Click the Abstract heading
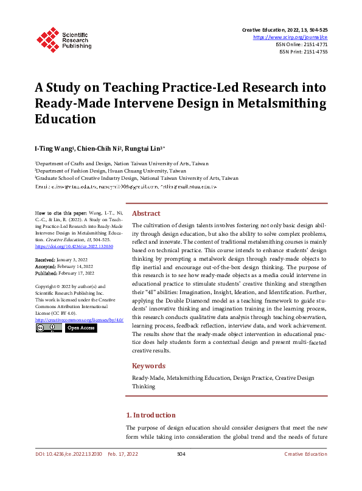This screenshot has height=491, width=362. [x=146, y=213]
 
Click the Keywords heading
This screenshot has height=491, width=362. [x=148, y=366]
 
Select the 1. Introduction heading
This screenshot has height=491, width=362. [x=150, y=415]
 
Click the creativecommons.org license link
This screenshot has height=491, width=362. [x=71, y=319]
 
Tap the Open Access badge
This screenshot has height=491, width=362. [x=81, y=328]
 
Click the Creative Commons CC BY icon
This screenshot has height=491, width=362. [x=48, y=328]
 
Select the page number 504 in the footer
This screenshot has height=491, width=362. [x=181, y=454]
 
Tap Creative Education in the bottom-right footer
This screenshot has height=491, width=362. [x=306, y=454]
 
